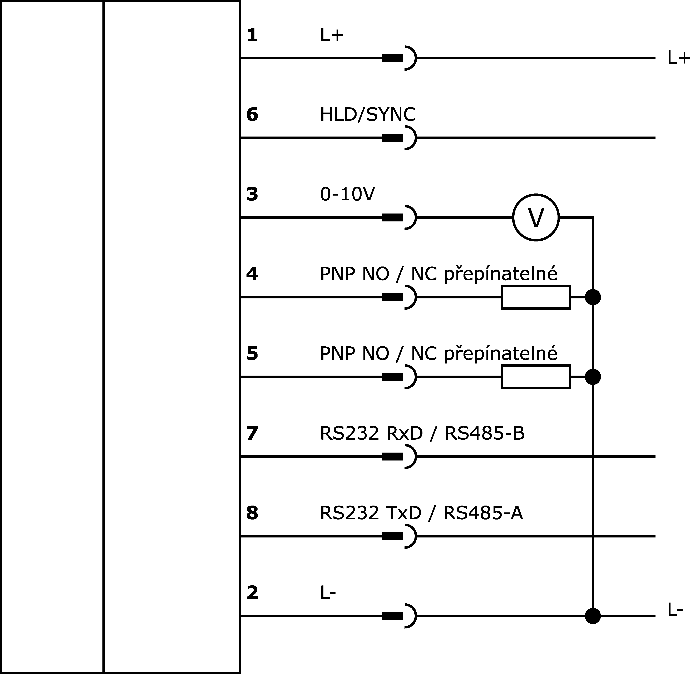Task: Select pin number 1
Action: [x=252, y=35]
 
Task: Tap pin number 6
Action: [x=252, y=115]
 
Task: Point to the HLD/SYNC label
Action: [x=368, y=115]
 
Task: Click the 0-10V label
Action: [x=347, y=194]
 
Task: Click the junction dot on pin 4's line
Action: [x=593, y=297]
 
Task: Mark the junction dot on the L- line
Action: [x=593, y=616]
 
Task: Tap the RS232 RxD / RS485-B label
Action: [x=422, y=433]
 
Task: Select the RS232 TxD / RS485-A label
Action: [x=421, y=513]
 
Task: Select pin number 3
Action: [x=252, y=194]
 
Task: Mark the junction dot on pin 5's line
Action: [x=593, y=377]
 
